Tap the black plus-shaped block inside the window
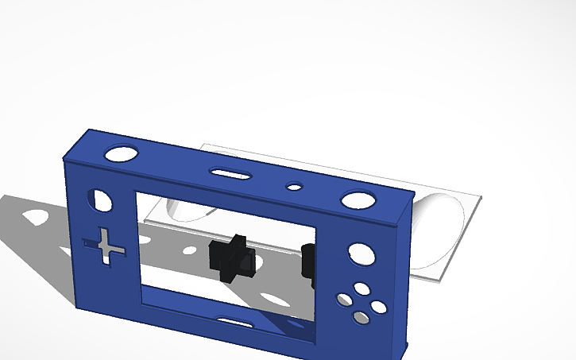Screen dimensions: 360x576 [x=230, y=257]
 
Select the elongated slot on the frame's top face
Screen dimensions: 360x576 [x=230, y=172]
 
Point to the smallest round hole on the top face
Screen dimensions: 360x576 [x=295, y=188]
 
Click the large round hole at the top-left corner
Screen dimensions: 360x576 [x=120, y=153]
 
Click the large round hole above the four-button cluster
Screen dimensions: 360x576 [x=359, y=254]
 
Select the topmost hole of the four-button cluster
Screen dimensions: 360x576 [x=361, y=288]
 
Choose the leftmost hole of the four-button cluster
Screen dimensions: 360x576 [x=344, y=300]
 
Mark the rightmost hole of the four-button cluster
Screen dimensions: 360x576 [x=378, y=306]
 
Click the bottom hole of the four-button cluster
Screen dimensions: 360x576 [x=361, y=318]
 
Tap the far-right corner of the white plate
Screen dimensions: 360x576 [x=481, y=196]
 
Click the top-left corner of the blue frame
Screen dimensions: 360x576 [x=64, y=159]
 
